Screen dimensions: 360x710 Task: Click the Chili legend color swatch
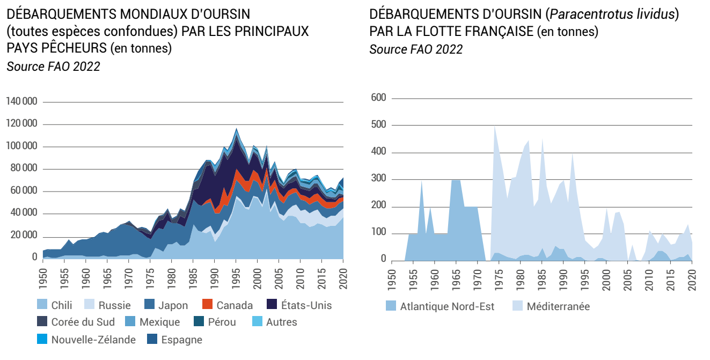pyautogui.click(x=43, y=305)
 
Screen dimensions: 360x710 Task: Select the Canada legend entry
pyautogui.click(x=235, y=305)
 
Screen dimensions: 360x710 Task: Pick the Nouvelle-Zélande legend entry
pyautogui.click(x=93, y=340)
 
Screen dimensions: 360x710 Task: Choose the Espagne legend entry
pyautogui.click(x=181, y=340)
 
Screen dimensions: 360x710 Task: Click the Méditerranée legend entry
pyautogui.click(x=558, y=307)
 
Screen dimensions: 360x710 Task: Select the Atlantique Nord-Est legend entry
pyautogui.click(x=447, y=307)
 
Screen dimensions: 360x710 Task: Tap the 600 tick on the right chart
pyautogui.click(x=379, y=98)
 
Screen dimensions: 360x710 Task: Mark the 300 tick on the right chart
pyautogui.click(x=379, y=179)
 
